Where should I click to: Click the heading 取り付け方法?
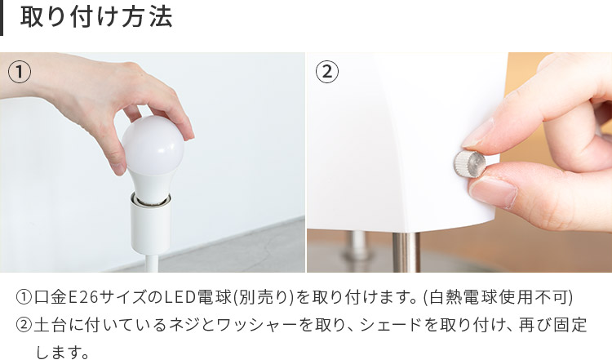click(96, 17)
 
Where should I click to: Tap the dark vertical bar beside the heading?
click(1, 18)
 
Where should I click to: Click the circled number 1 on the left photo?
click(20, 72)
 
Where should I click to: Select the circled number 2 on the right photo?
click(327, 72)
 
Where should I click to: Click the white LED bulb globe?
click(153, 150)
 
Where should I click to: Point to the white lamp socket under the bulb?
click(151, 223)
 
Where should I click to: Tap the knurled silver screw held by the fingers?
click(469, 164)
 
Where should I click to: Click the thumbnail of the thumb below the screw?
click(493, 191)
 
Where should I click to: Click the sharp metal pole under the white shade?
click(406, 252)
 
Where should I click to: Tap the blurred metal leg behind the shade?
click(357, 246)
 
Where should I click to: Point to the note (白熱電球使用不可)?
click(498, 297)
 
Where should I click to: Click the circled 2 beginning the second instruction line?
click(24, 325)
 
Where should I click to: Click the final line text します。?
click(62, 352)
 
